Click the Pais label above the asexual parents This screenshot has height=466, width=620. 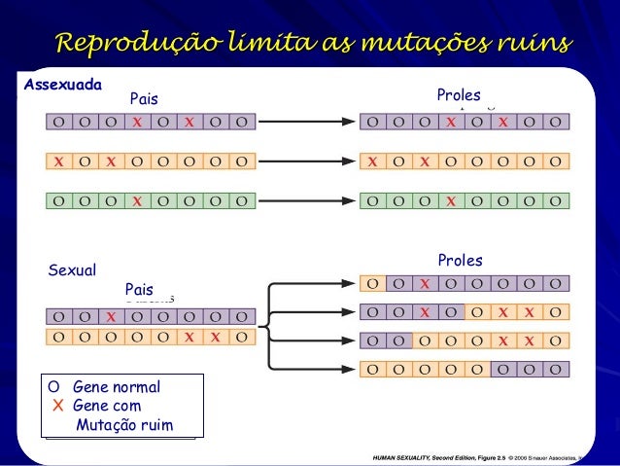click(x=144, y=99)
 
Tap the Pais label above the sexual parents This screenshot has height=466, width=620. click(x=140, y=290)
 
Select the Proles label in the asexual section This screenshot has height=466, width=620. click(x=459, y=95)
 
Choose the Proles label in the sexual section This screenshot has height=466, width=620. click(x=460, y=261)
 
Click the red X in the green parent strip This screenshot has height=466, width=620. click(x=138, y=201)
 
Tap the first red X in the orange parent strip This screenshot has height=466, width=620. click(x=60, y=161)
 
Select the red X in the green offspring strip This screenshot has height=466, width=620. click(x=451, y=201)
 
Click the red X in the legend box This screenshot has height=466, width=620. click(x=56, y=406)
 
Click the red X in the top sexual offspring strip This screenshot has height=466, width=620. click(x=425, y=284)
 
